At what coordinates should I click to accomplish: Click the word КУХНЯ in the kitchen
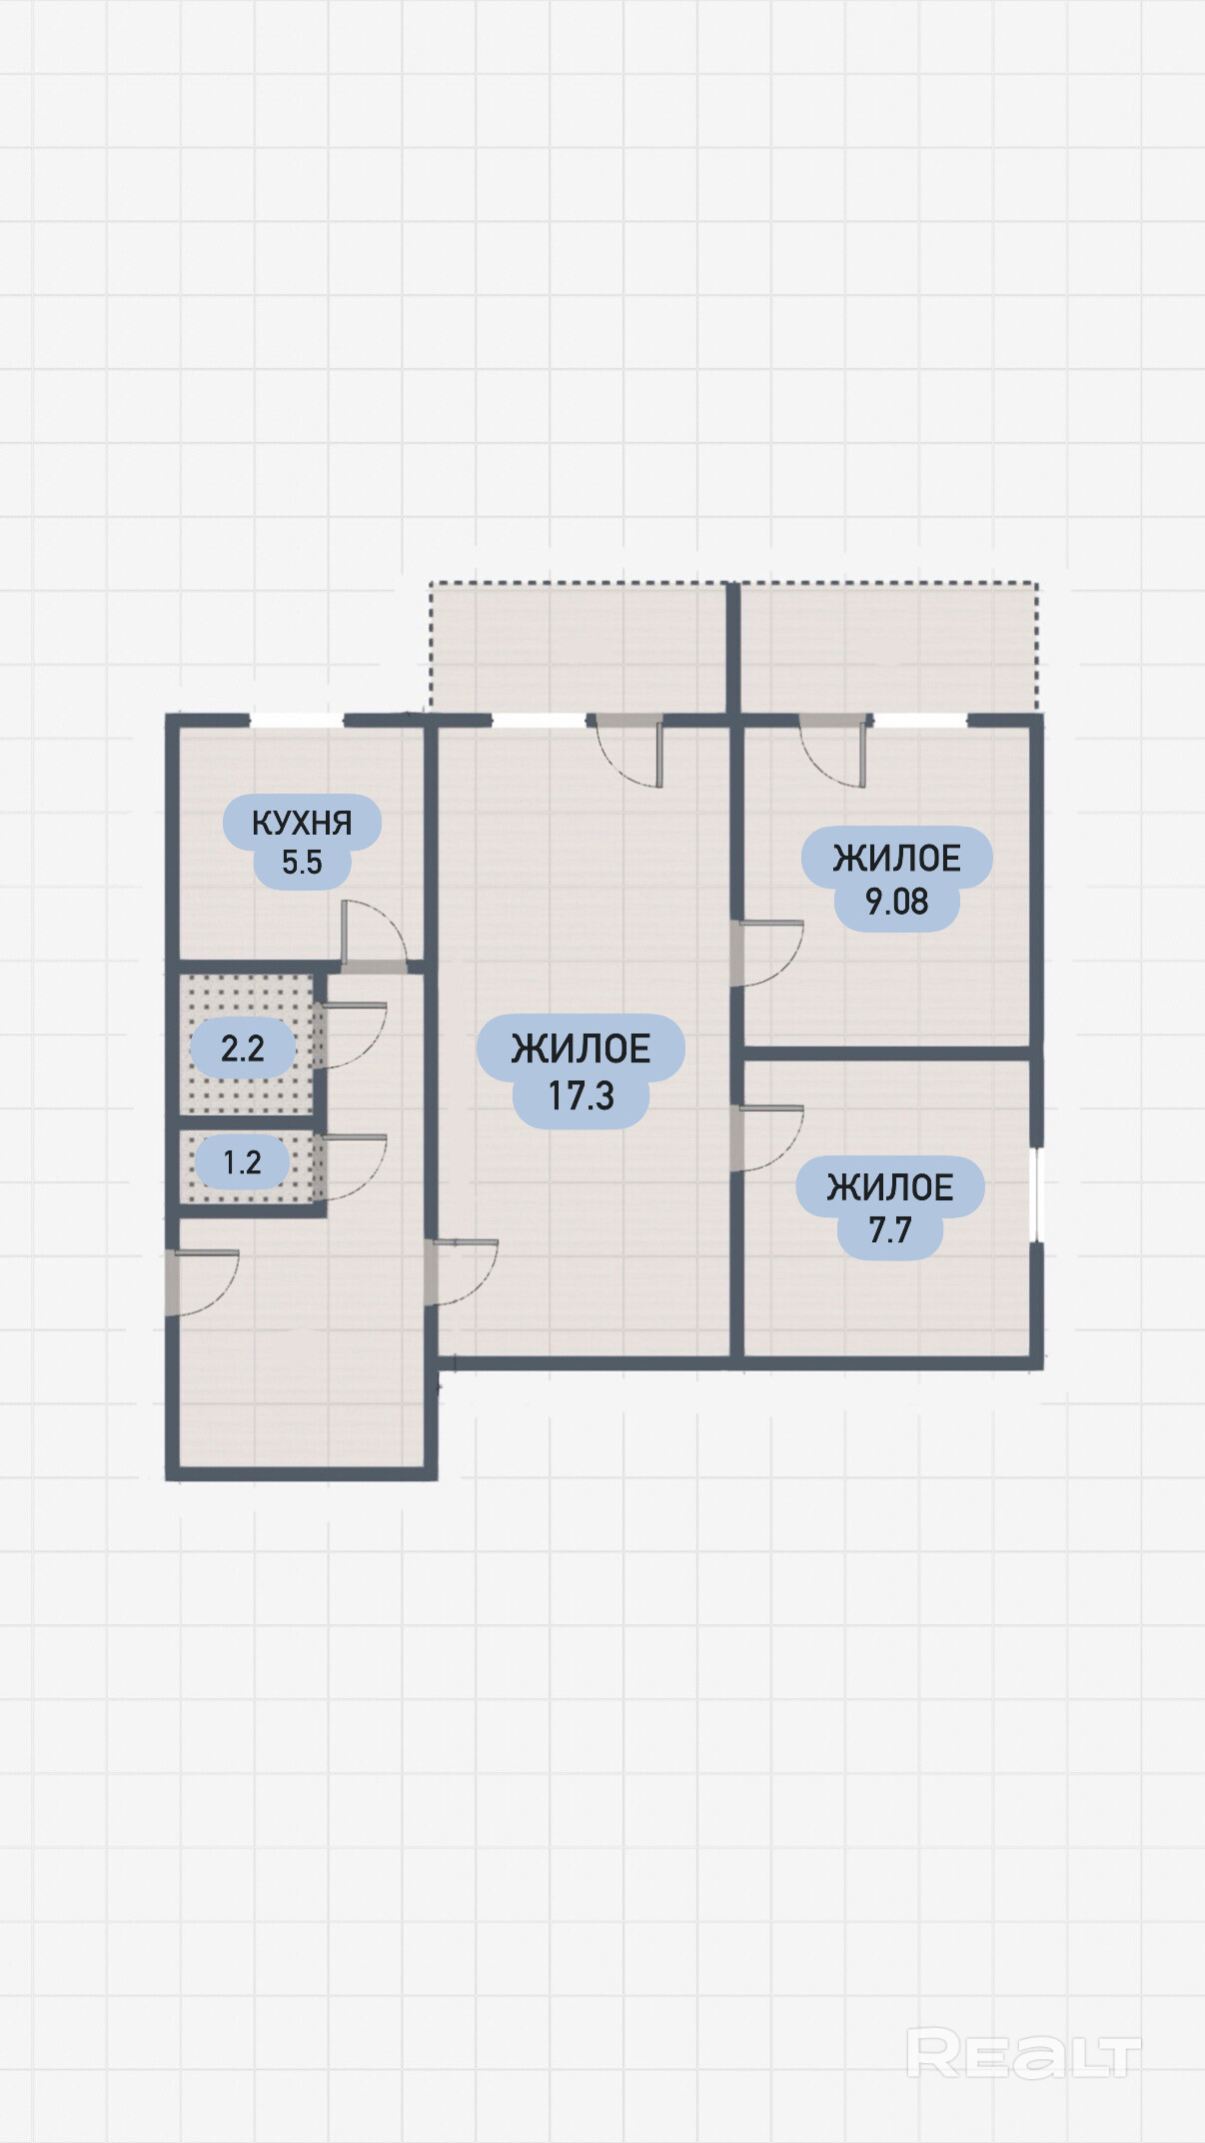302,823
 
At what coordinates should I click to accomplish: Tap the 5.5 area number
302,863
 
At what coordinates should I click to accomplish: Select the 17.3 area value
581,1096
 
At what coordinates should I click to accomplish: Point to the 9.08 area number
896,902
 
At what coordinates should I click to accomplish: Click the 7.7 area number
889,1229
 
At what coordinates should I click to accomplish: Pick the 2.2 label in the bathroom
243,1049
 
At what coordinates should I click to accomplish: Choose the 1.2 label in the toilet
242,1162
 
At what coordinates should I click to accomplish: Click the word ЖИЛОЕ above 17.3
581,1050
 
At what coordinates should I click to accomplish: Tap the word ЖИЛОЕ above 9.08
896,859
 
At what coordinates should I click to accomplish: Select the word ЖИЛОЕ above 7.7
889,1187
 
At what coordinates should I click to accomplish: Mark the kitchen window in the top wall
296,720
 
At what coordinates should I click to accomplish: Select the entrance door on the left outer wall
203,1282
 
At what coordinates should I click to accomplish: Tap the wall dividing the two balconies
732,648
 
